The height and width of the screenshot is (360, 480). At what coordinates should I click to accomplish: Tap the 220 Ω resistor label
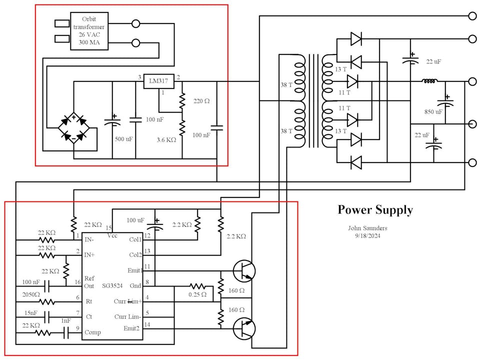coord(201,101)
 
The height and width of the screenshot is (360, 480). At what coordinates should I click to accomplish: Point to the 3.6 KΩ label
coord(166,140)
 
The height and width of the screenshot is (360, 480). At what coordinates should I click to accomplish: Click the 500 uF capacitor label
coord(123,139)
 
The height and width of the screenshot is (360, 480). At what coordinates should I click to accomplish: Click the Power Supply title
coord(375,209)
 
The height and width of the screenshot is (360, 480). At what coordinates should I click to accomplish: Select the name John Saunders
coord(367,228)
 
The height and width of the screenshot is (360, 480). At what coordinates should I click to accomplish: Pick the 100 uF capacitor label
coord(135,220)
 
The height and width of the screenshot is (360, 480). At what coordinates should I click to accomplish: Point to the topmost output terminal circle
coord(472,16)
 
